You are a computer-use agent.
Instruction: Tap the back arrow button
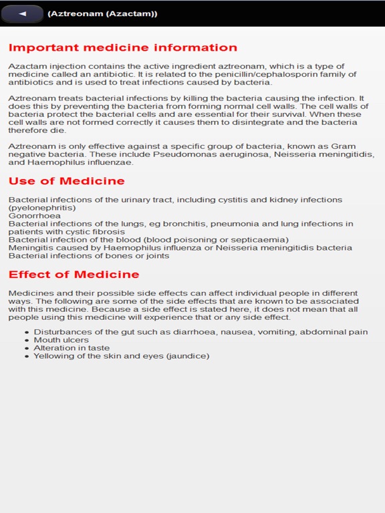pyautogui.click(x=23, y=13)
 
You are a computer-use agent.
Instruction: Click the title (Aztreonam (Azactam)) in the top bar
pyautogui.click(x=102, y=13)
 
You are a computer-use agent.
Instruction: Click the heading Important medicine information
pyautogui.click(x=123, y=47)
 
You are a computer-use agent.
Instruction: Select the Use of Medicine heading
pyautogui.click(x=67, y=181)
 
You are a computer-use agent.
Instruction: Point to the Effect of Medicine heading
pyautogui.click(x=74, y=275)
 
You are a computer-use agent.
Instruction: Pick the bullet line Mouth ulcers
pyautogui.click(x=61, y=340)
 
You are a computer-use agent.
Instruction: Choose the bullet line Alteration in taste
pyautogui.click(x=72, y=348)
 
